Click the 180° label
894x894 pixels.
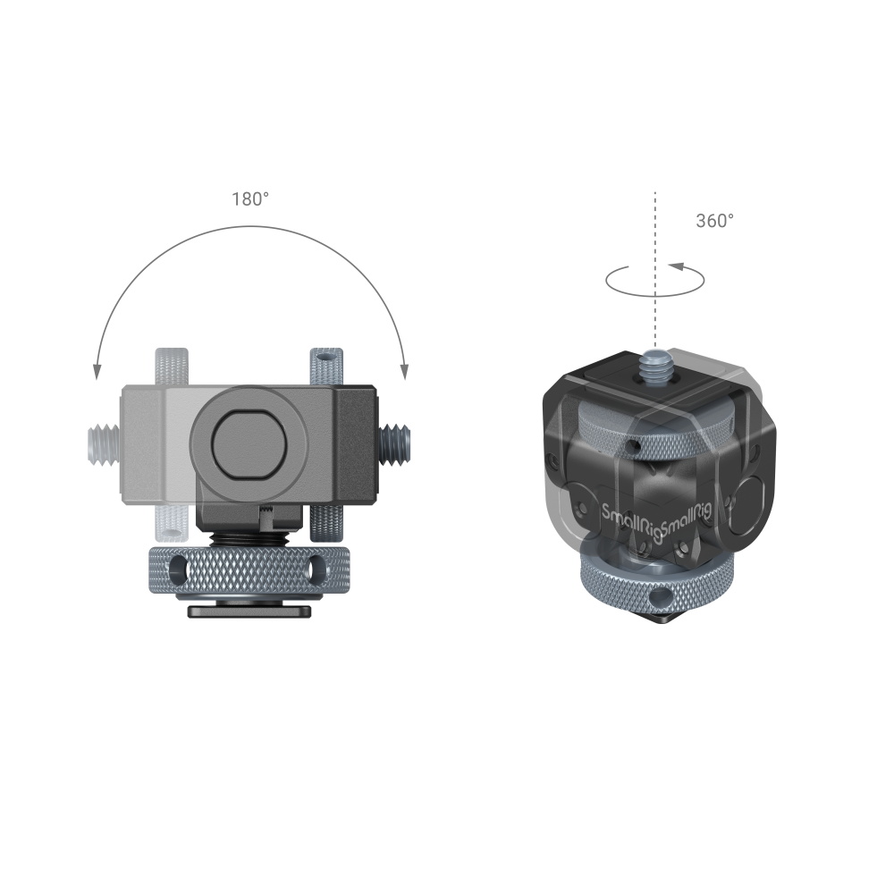click(250, 199)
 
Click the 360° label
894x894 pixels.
click(714, 221)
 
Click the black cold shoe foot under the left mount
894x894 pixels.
click(249, 611)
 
